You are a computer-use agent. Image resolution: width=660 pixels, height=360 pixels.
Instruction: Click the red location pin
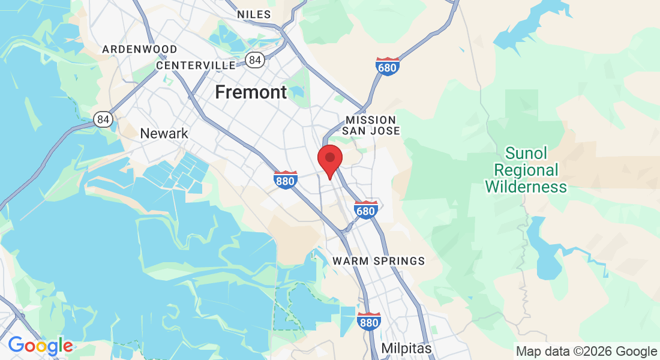point(329,160)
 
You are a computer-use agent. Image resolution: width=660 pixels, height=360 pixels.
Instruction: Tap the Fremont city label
point(251,92)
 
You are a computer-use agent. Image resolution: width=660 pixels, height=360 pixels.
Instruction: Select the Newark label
point(164,133)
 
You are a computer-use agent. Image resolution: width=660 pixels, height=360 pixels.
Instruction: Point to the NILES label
point(254,14)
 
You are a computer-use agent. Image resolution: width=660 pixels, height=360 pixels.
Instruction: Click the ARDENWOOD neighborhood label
point(140,49)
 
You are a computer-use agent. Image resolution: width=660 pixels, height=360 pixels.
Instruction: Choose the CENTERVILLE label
point(196,65)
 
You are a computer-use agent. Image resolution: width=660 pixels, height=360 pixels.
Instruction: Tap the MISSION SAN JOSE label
point(370,125)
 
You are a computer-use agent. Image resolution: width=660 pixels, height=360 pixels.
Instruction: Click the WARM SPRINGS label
point(379,261)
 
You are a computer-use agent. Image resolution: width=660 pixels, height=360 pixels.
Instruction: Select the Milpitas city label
point(406,348)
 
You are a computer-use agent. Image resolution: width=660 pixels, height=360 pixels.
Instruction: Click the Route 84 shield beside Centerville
point(254,59)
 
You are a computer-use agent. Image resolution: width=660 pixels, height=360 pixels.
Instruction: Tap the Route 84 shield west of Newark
point(104,119)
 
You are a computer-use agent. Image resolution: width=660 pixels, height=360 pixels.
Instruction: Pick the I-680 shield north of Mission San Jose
point(387,66)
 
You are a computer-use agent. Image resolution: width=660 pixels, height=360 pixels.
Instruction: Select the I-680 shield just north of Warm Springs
point(365,209)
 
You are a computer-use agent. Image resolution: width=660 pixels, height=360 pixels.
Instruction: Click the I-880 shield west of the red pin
point(286,179)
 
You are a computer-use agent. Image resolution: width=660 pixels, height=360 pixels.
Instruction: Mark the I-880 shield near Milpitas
point(368,321)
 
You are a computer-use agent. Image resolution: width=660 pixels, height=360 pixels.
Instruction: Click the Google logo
point(40,346)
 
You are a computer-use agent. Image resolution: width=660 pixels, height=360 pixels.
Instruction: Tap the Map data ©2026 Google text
point(587,351)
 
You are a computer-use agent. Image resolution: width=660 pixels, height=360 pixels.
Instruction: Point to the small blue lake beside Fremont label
point(299,92)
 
